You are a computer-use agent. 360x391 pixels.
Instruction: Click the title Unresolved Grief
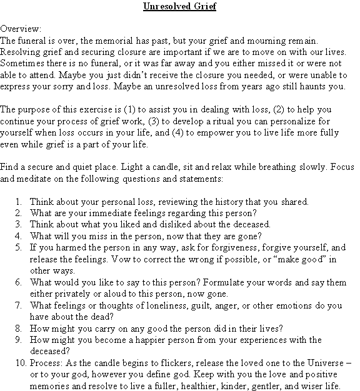pyautogui.click(x=179, y=7)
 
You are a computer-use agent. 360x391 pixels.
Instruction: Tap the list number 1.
pyautogui.click(x=18, y=202)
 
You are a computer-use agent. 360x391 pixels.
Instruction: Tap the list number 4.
pyautogui.click(x=18, y=235)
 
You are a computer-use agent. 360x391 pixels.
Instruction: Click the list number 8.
pyautogui.click(x=18, y=327)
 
